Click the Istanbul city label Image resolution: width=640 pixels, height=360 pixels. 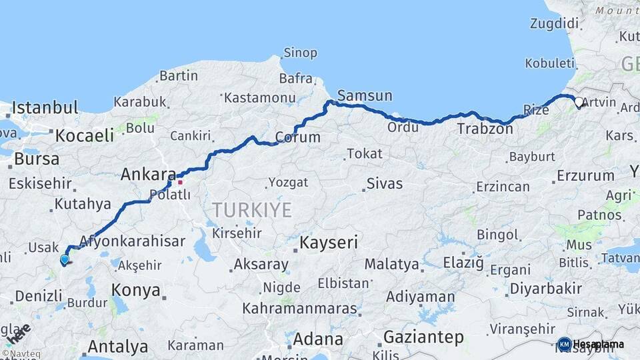45,107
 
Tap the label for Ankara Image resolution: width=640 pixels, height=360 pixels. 148,175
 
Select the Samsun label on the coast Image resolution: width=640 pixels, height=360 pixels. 365,95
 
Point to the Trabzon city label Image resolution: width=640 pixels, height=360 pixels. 485,129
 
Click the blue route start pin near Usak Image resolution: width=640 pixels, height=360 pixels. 64,260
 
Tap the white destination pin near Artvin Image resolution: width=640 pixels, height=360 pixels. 579,103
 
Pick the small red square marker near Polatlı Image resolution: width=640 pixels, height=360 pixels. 180,182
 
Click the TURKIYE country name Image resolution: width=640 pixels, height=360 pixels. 252,211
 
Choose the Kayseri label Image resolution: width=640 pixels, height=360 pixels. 329,243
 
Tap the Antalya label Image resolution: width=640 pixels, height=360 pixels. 117,347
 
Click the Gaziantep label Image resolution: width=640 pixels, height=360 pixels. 423,337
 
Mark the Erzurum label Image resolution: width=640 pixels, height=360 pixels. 585,176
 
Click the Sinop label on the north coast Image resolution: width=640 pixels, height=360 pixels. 300,52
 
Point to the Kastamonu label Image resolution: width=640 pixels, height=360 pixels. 259,97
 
